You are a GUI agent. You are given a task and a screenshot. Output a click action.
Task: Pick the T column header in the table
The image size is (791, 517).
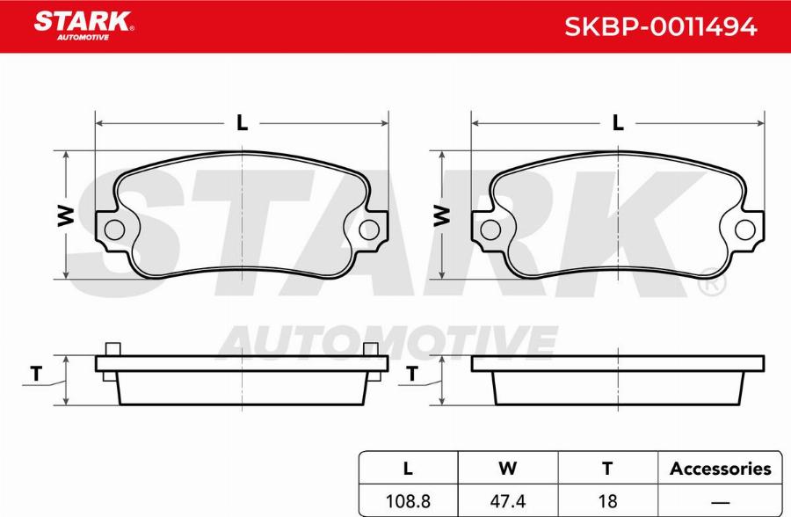tap(606, 469)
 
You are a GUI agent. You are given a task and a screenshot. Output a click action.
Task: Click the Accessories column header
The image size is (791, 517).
tap(720, 469)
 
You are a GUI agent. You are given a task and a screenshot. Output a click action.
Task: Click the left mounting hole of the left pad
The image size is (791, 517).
tap(114, 230)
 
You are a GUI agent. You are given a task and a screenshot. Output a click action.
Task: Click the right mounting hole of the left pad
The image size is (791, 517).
tap(369, 230)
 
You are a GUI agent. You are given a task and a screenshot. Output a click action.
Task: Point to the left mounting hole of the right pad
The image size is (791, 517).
tap(490, 230)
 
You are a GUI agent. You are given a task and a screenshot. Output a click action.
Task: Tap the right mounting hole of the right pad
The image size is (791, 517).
tap(745, 230)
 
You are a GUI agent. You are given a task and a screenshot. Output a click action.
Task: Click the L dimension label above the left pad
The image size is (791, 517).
tap(242, 124)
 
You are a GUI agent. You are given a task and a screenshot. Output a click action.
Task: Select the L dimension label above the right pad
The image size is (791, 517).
tap(618, 124)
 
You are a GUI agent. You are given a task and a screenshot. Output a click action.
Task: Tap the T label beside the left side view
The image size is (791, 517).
tap(36, 375)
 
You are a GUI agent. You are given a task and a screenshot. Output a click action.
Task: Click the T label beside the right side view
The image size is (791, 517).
tap(412, 375)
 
